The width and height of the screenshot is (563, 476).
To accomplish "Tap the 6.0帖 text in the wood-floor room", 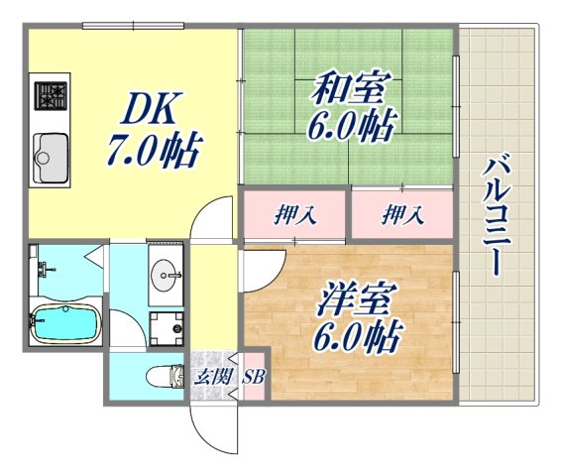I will point(354,338).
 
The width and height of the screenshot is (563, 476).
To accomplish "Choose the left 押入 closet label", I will point(295,215).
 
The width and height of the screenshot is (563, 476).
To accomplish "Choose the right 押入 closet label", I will point(401,215).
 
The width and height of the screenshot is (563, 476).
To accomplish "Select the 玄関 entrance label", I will point(207,376).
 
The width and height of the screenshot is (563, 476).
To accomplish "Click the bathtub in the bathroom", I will point(62,322).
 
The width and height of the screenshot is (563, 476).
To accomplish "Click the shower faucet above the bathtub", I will point(43,268).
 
